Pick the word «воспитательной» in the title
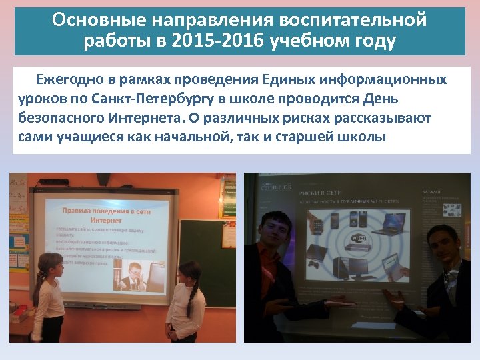tap(354, 19)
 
